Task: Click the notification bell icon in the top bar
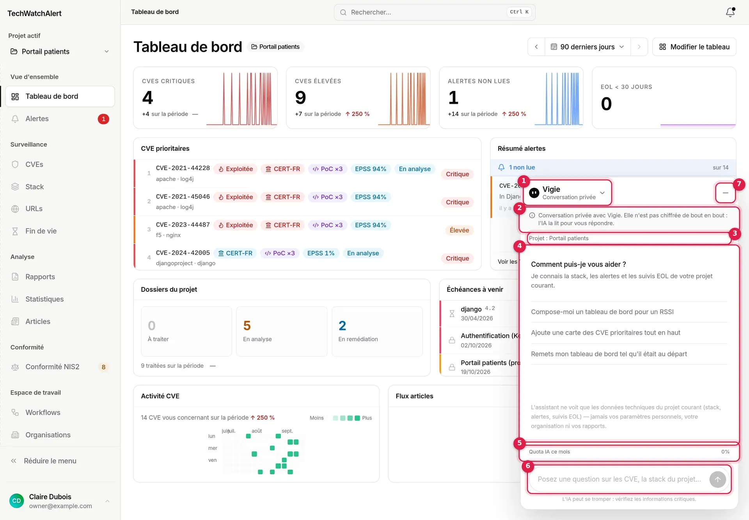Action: click(730, 12)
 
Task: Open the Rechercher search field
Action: click(435, 12)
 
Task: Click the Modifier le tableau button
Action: click(694, 47)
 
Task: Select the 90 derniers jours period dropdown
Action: click(587, 47)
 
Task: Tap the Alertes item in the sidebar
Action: click(37, 119)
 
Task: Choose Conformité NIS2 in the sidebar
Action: click(52, 367)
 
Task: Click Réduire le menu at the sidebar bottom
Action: click(50, 461)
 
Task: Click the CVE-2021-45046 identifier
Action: click(183, 197)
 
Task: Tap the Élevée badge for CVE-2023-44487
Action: click(459, 230)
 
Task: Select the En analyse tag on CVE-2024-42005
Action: click(363, 253)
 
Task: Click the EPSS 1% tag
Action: click(321, 253)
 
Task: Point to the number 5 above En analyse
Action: click(247, 325)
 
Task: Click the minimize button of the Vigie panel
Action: click(725, 193)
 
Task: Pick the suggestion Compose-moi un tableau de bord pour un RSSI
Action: click(602, 312)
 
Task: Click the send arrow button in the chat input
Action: click(717, 479)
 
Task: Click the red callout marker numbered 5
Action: click(519, 443)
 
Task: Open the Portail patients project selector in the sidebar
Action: click(60, 51)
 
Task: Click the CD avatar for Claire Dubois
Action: click(16, 501)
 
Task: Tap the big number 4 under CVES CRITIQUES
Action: click(147, 98)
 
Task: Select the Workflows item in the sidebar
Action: click(43, 412)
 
